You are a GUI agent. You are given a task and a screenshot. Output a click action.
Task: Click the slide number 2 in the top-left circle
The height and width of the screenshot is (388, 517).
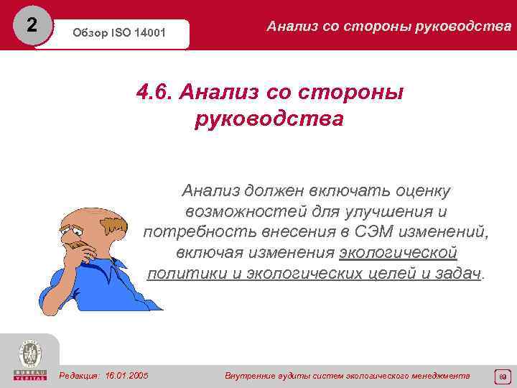coord(30,25)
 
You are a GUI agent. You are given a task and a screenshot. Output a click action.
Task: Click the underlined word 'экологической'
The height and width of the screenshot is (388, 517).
coord(398,254)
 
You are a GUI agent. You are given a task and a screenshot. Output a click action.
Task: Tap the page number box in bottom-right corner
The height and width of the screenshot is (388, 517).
coord(502,375)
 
